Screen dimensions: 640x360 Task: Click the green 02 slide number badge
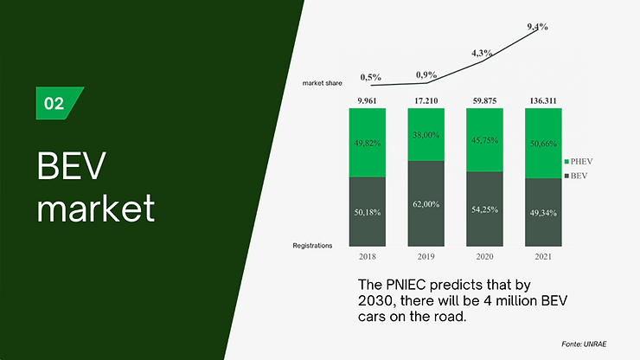57,103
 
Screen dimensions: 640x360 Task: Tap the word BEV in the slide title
72,165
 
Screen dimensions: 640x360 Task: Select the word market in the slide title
96,208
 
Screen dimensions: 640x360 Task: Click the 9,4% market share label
537,27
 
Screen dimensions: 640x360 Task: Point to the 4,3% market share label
482,53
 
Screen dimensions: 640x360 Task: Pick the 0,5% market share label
371,77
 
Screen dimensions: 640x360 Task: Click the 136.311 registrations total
543,101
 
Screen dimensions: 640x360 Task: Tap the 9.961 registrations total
367,101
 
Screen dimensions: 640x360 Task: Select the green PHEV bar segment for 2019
426,134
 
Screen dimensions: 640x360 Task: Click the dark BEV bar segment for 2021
543,213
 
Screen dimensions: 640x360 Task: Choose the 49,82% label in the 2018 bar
368,143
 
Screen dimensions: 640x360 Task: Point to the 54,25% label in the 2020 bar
484,209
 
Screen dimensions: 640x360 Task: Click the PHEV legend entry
579,162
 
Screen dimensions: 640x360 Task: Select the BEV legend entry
576,176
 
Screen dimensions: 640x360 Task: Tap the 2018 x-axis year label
368,257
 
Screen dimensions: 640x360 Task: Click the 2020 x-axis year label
484,257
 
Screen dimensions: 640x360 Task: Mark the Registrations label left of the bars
312,246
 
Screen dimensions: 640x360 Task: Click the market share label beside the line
322,83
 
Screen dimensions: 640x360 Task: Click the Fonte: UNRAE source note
584,344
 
